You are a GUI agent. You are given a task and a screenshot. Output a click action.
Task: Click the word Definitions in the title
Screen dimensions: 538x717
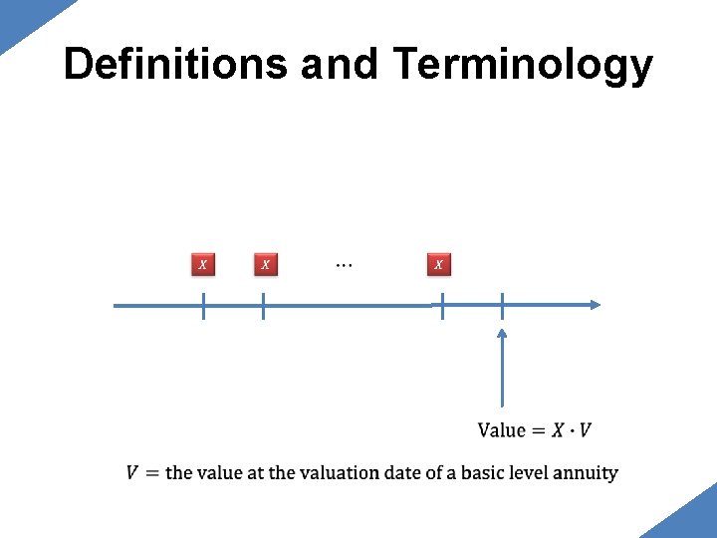pos(175,65)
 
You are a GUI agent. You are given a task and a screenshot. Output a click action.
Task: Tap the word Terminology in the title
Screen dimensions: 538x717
pos(523,65)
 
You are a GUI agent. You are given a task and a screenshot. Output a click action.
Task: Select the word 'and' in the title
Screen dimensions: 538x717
pos(339,65)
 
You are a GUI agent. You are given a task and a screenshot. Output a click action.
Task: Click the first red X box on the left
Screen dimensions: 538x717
pos(203,264)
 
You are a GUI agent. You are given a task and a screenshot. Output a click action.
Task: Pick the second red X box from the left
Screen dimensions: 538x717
pos(264,264)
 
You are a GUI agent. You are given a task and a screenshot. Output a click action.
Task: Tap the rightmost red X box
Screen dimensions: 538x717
pos(439,264)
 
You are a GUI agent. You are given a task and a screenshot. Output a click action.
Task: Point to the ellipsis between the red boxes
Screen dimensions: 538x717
pos(344,265)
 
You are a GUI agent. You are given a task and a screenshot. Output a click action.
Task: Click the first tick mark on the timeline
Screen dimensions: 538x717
pos(203,306)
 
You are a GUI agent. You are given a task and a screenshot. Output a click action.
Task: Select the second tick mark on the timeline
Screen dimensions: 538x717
pos(263,306)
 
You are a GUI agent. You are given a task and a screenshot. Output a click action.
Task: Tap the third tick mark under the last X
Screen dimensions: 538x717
pos(442,306)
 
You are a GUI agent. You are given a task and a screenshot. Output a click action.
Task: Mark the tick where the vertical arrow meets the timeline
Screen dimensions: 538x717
pos(502,306)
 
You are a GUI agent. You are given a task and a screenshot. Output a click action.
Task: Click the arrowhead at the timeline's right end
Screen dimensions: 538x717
pos(595,305)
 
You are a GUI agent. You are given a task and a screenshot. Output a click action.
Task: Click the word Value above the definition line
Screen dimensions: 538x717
pos(501,430)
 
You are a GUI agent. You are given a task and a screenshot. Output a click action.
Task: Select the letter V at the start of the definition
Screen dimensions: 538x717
pos(132,472)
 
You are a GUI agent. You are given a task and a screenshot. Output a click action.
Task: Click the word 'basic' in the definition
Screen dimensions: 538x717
pos(483,472)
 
